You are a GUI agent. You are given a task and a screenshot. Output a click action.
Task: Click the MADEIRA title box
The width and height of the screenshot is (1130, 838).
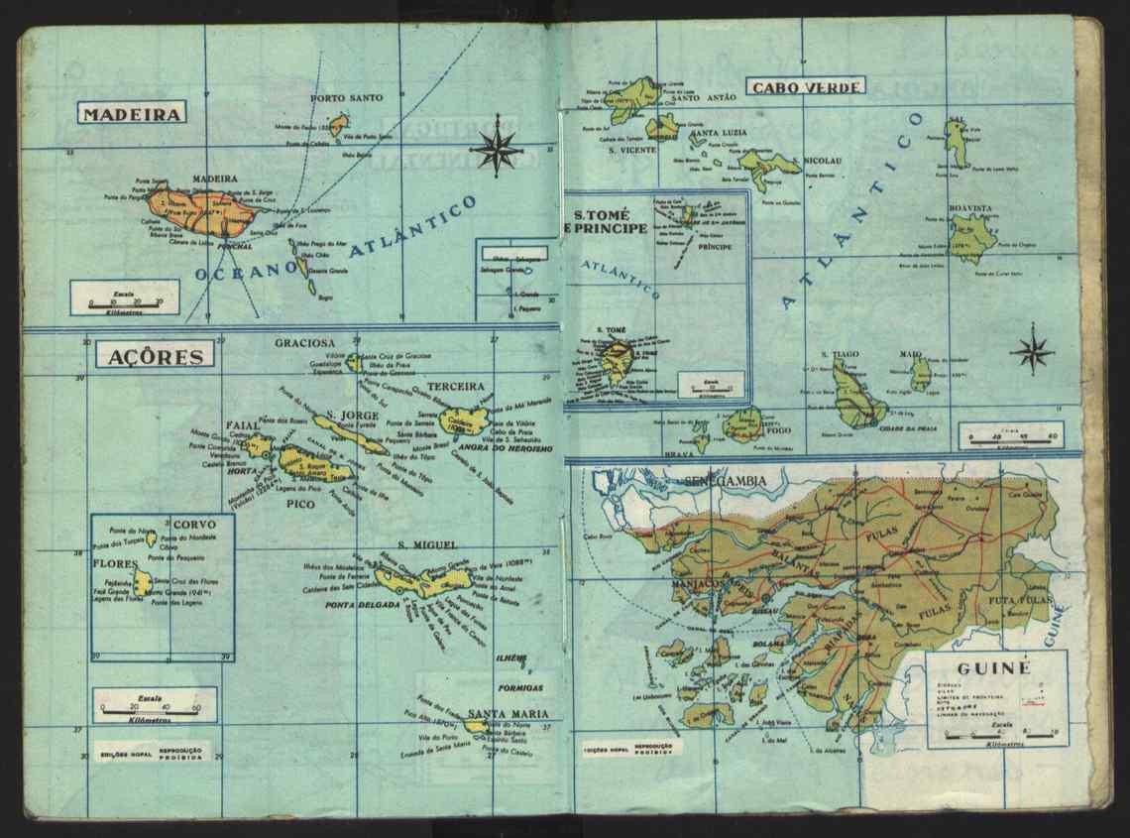(x=131, y=113)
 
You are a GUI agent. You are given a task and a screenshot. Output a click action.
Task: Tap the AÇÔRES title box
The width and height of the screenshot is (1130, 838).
(x=155, y=355)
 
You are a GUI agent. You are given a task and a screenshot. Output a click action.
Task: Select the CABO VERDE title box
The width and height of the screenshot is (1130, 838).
(x=807, y=86)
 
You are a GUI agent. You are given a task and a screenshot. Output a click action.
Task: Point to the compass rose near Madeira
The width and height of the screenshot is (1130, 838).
(x=497, y=145)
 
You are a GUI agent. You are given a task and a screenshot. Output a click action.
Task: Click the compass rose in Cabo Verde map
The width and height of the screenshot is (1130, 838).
(x=1032, y=349)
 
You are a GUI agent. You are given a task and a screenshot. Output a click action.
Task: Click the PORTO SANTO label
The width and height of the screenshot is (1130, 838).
(x=346, y=98)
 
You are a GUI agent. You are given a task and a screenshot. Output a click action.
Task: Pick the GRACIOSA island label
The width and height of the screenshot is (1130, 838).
(x=305, y=343)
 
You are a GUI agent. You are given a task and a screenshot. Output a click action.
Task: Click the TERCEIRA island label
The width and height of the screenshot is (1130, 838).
(x=456, y=386)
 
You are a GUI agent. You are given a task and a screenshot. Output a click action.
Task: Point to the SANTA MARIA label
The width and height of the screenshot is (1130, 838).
(x=503, y=713)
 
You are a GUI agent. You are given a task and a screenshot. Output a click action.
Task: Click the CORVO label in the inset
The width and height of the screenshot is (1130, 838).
(x=194, y=524)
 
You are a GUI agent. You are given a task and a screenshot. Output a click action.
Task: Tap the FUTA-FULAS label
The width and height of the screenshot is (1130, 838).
(x=1019, y=601)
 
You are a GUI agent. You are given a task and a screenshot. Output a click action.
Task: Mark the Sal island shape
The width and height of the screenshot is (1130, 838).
(x=956, y=144)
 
